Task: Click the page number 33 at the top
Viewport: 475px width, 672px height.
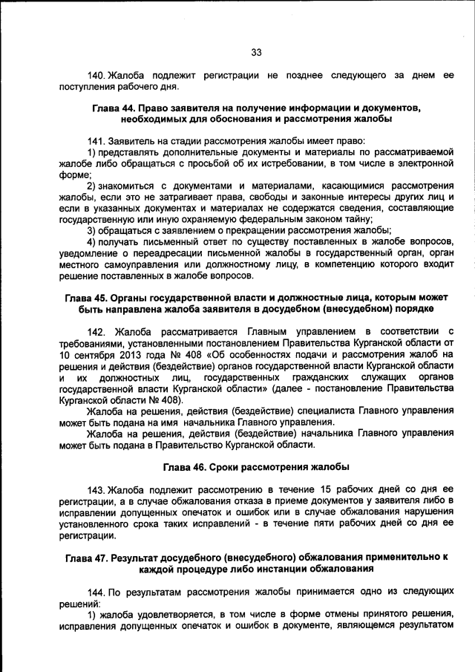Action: [256, 52]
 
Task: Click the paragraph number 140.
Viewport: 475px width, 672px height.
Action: [96, 76]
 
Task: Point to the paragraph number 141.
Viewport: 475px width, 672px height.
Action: [96, 141]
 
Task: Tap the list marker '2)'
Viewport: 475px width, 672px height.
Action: [92, 185]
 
